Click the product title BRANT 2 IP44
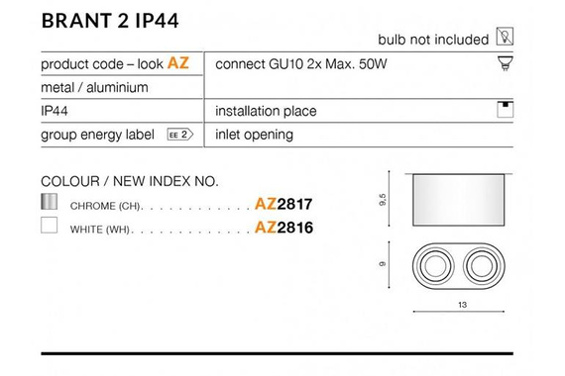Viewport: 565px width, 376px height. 110,21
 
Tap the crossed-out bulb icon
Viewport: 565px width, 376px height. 505,36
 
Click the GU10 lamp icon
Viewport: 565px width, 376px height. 506,63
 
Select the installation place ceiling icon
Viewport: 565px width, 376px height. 506,110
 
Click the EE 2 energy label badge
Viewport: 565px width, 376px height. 180,135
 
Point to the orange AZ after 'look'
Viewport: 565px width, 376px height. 178,63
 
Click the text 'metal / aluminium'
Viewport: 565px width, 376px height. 94,87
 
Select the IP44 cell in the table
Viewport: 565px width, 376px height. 55,111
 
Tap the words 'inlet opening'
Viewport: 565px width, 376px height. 254,135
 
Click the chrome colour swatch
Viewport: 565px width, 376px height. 49,202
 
